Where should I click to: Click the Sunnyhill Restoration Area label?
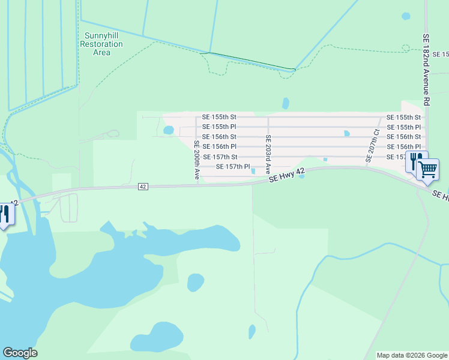(101, 44)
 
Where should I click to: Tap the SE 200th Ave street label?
(196, 161)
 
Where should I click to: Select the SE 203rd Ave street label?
(268, 154)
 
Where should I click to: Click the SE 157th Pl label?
(232, 167)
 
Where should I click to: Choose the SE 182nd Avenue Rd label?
(426, 69)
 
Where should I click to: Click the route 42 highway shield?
(142, 187)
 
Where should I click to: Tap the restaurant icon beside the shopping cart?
(415, 161)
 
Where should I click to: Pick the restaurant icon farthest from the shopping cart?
(4, 215)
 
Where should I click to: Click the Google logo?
(20, 353)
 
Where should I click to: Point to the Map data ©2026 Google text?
(412, 355)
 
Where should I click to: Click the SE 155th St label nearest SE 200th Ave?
(219, 117)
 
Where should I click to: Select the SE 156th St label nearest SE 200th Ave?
(219, 137)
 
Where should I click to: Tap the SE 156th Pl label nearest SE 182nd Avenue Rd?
(403, 147)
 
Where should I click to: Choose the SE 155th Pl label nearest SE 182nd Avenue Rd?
(403, 127)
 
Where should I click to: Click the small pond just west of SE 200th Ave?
(169, 130)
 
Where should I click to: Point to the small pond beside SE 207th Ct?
(346, 134)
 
